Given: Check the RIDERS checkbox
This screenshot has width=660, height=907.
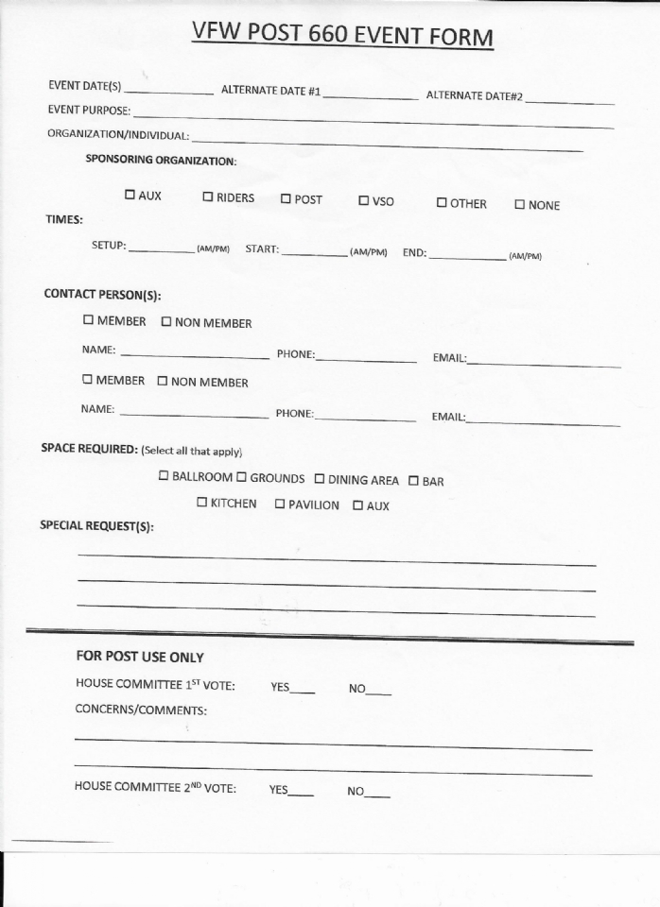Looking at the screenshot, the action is click(x=207, y=197).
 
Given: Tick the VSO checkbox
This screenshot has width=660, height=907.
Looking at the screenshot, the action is click(x=363, y=200).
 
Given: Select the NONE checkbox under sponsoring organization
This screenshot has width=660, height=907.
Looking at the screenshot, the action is click(x=519, y=204).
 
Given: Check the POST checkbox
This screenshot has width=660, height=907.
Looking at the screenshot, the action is click(x=285, y=199).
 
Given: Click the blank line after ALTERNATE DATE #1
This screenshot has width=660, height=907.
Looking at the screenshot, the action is click(x=370, y=96).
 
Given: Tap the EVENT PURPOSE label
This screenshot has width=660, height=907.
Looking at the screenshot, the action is click(x=89, y=110).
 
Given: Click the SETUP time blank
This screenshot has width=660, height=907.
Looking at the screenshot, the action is click(x=161, y=250).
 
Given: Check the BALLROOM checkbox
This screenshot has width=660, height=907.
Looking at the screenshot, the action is click(x=164, y=476).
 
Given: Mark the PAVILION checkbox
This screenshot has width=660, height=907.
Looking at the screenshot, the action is click(x=280, y=504).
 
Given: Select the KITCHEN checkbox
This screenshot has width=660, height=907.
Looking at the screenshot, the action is click(x=201, y=503).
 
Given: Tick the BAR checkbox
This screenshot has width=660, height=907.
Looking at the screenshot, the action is click(x=413, y=480).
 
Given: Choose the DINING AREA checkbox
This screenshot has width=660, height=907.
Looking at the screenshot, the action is click(x=319, y=479).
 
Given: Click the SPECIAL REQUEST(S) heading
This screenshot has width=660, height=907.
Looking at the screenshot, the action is click(x=96, y=526).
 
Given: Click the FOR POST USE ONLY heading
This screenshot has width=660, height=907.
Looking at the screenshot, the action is click(x=139, y=657).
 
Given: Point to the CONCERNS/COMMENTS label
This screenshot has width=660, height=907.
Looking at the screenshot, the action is click(x=140, y=710).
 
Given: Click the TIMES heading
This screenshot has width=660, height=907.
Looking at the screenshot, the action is click(x=64, y=219).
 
